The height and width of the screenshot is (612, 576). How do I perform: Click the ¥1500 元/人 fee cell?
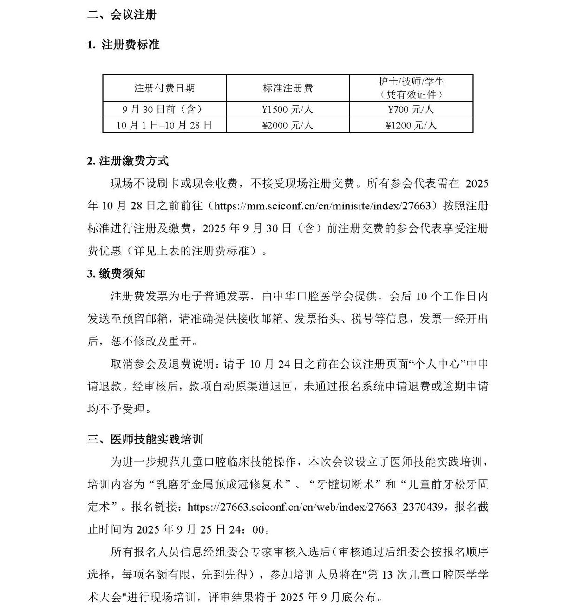pyautogui.click(x=288, y=110)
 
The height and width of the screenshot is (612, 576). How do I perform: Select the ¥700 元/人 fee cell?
pyautogui.click(x=411, y=110)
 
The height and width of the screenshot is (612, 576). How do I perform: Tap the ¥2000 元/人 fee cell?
pyautogui.click(x=288, y=125)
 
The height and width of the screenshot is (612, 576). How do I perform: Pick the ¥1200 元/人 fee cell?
pyautogui.click(x=411, y=125)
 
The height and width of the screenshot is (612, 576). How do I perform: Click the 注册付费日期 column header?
pyautogui.click(x=164, y=88)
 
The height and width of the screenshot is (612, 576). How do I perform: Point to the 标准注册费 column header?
pyautogui.click(x=288, y=88)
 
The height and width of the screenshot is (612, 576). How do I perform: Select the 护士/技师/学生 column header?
pyautogui.click(x=411, y=82)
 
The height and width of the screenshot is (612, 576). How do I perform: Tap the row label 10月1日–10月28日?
pyautogui.click(x=164, y=125)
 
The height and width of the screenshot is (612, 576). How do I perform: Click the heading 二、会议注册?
pyautogui.click(x=122, y=15)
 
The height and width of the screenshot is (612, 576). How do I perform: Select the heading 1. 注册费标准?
pyautogui.click(x=123, y=45)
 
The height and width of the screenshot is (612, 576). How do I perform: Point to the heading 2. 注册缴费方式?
pyautogui.click(x=128, y=161)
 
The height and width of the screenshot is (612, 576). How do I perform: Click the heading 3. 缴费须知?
pyautogui.click(x=116, y=274)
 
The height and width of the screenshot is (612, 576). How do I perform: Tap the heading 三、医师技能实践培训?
pyautogui.click(x=145, y=439)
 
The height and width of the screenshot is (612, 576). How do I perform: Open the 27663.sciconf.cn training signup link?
pyautogui.click(x=315, y=507)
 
